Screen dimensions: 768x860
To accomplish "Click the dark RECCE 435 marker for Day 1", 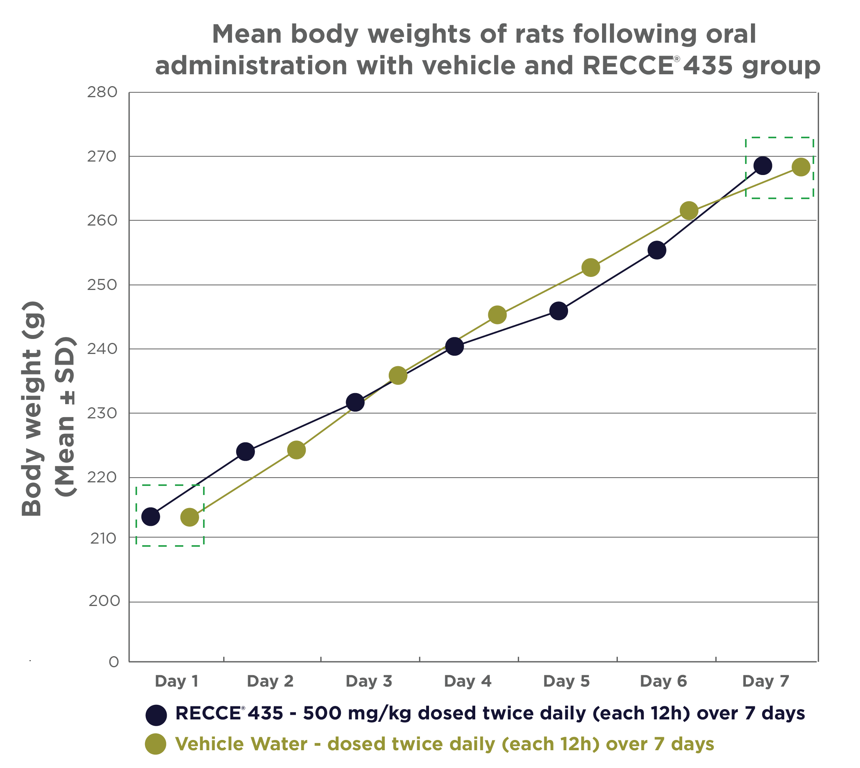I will click(151, 516).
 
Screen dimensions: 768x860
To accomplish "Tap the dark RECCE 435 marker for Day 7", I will click(763, 165).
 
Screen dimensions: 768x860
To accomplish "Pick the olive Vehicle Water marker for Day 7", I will click(801, 167).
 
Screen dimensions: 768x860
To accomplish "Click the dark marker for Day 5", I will click(558, 311).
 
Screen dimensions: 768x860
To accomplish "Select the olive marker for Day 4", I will click(497, 315).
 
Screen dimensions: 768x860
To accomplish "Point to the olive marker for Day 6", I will click(689, 210).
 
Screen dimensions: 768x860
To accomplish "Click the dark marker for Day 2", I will click(245, 452).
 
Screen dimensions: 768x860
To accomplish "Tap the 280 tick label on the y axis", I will click(102, 92).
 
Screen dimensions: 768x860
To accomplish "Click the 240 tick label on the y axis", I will click(102, 348).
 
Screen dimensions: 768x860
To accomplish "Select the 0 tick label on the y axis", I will click(113, 662).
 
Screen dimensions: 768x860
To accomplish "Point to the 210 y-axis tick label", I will click(103, 538).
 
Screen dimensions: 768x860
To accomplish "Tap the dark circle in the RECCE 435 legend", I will click(156, 715).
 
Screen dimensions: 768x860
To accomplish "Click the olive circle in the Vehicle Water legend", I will click(156, 744).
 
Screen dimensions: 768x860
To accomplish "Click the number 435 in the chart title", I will click(708, 66).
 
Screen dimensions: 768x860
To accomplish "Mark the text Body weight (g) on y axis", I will click(32, 409).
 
